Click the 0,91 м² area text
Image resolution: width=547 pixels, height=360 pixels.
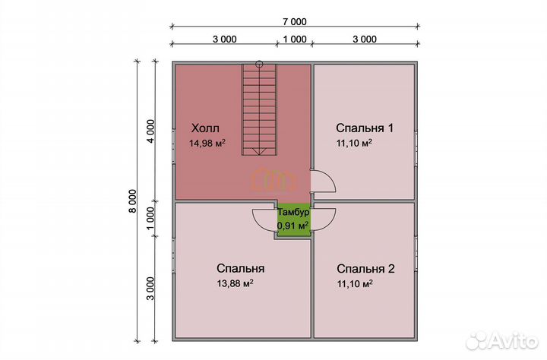click(293, 226)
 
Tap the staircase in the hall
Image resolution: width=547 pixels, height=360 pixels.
click(259, 110)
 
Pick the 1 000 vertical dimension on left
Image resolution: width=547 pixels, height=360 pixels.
click(150, 218)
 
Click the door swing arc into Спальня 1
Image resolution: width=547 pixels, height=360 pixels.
click(324, 183)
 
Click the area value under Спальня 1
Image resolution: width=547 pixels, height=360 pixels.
click(355, 143)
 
